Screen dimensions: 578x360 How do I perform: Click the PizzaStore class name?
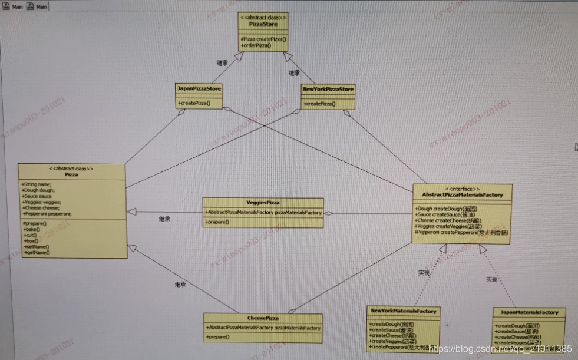[x=263, y=24]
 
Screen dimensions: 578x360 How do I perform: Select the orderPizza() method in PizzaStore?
[x=256, y=45]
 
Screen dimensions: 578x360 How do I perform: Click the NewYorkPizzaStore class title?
[x=328, y=90]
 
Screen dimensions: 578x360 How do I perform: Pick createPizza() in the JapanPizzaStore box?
[x=194, y=104]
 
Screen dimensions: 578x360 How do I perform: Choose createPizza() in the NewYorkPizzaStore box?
[x=319, y=104]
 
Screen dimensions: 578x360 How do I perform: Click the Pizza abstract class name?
[x=72, y=175]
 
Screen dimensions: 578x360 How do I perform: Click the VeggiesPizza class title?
[x=262, y=202]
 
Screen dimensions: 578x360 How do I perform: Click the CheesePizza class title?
[x=262, y=318]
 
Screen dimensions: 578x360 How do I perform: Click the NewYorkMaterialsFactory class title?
[x=403, y=311]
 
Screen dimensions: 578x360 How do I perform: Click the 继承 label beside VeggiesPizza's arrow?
[x=165, y=219]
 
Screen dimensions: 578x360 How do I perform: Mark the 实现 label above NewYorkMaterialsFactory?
[x=424, y=273]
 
